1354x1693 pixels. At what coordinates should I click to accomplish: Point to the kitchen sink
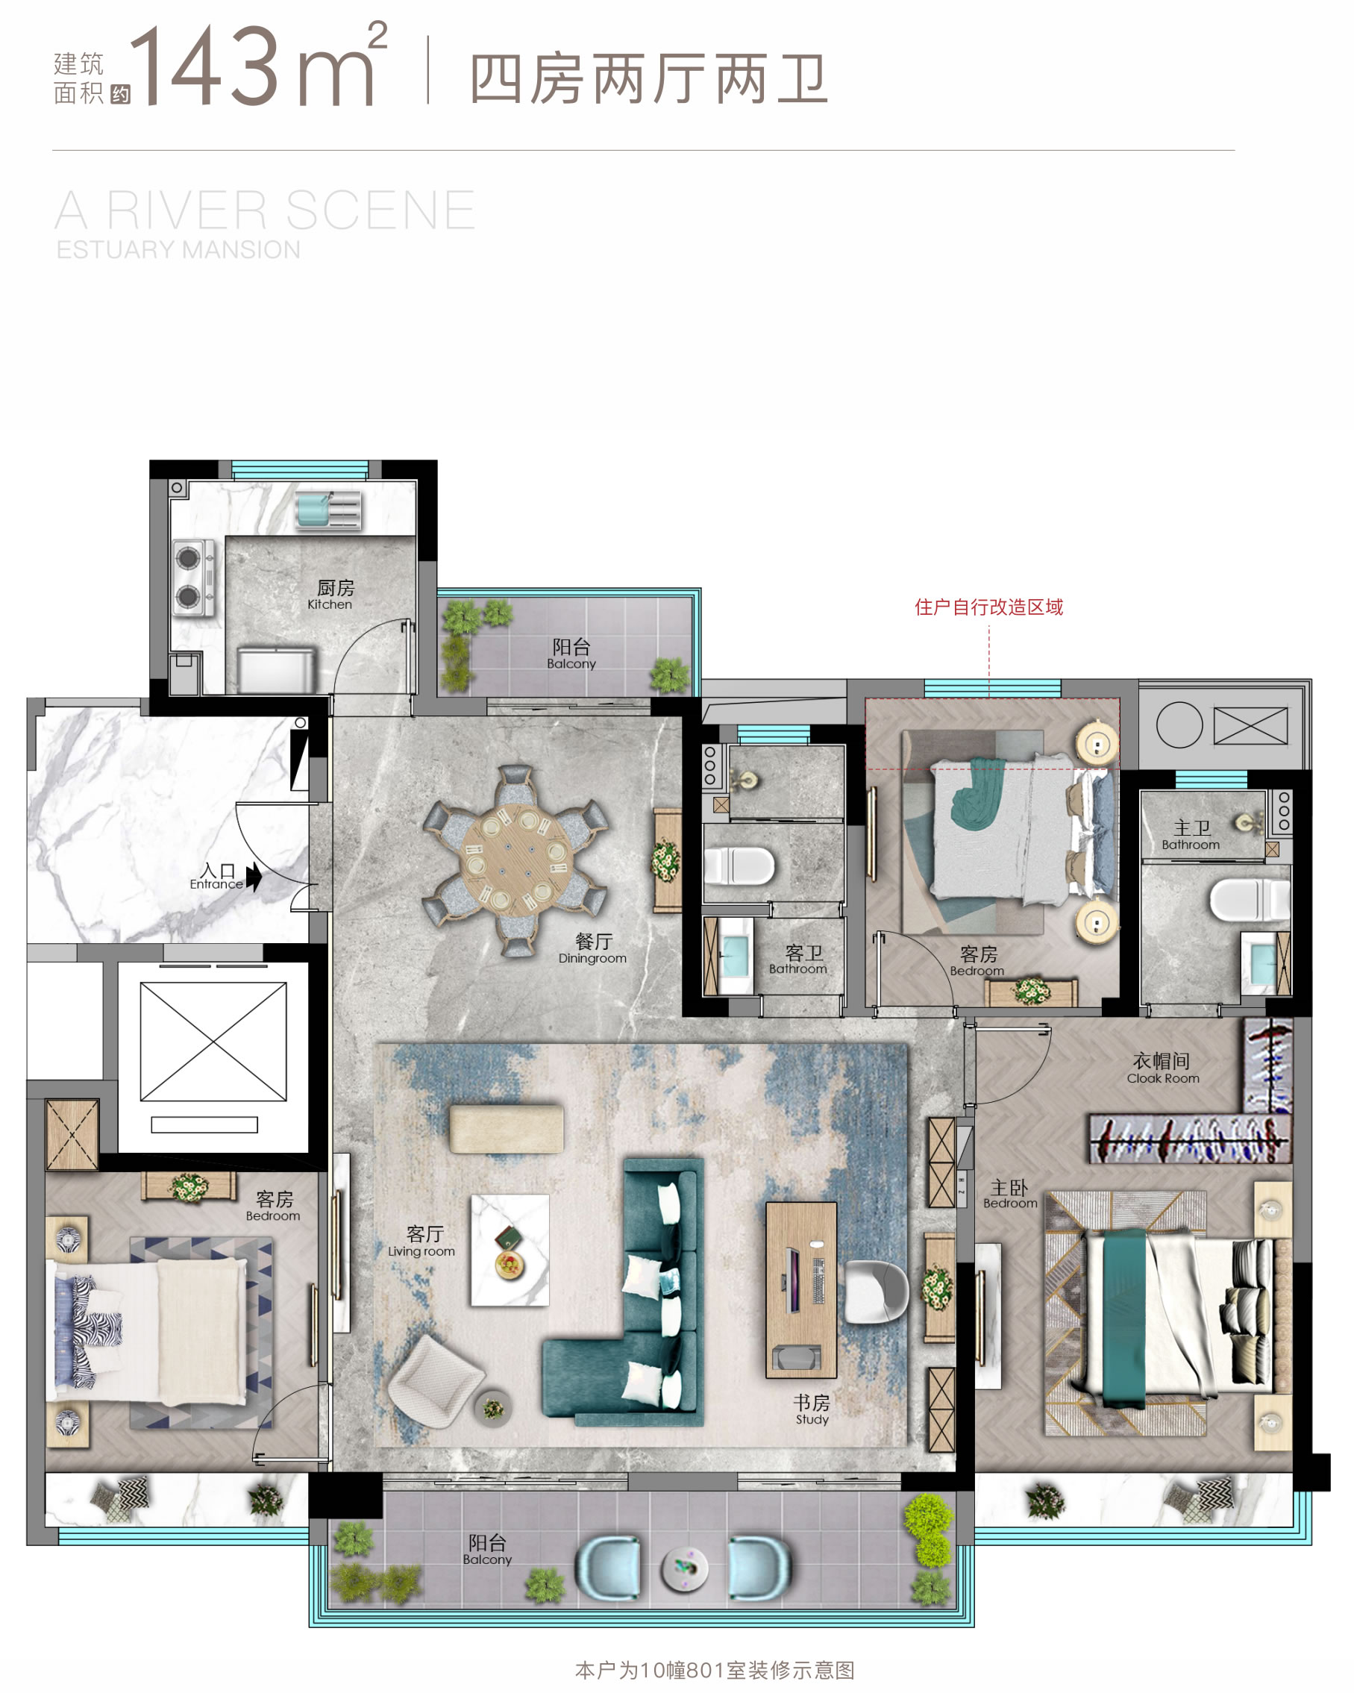pos(329,510)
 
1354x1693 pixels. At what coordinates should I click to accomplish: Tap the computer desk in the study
pos(801,1290)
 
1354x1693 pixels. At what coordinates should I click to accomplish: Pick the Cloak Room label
pos(1162,1068)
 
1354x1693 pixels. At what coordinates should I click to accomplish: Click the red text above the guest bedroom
pos(988,607)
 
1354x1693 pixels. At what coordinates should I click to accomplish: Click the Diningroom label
pos(592,948)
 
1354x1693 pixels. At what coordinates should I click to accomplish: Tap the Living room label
pos(422,1242)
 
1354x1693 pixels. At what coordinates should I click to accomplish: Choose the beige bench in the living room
pos(507,1129)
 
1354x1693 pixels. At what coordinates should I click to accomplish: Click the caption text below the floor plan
pos(714,1670)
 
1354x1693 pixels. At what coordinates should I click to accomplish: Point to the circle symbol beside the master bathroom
pos(1179,724)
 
